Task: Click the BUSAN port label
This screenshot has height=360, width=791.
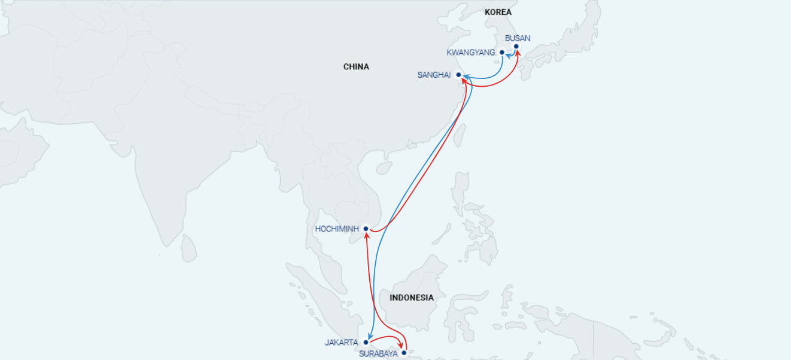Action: point(518,38)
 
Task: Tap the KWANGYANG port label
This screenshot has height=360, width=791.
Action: point(471,53)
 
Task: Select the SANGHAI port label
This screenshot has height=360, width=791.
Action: point(434,75)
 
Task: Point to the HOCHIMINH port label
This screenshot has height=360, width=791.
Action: point(337,228)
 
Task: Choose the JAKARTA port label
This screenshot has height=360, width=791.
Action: point(341,343)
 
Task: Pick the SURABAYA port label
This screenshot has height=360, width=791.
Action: point(378,353)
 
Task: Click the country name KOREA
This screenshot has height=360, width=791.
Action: point(498,12)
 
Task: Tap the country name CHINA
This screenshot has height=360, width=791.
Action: point(356,66)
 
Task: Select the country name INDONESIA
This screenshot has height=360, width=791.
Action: point(411,297)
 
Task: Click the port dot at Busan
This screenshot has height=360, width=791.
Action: point(516,46)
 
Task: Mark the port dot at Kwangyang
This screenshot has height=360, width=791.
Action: point(502,52)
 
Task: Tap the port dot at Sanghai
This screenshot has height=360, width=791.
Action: point(458,75)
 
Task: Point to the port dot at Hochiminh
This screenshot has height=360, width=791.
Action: point(366,228)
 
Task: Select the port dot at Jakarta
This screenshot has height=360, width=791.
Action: point(366,343)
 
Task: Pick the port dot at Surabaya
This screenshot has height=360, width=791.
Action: point(404,353)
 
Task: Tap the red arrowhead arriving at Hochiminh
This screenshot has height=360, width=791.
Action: point(366,234)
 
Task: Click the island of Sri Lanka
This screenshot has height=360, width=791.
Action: point(188,248)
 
